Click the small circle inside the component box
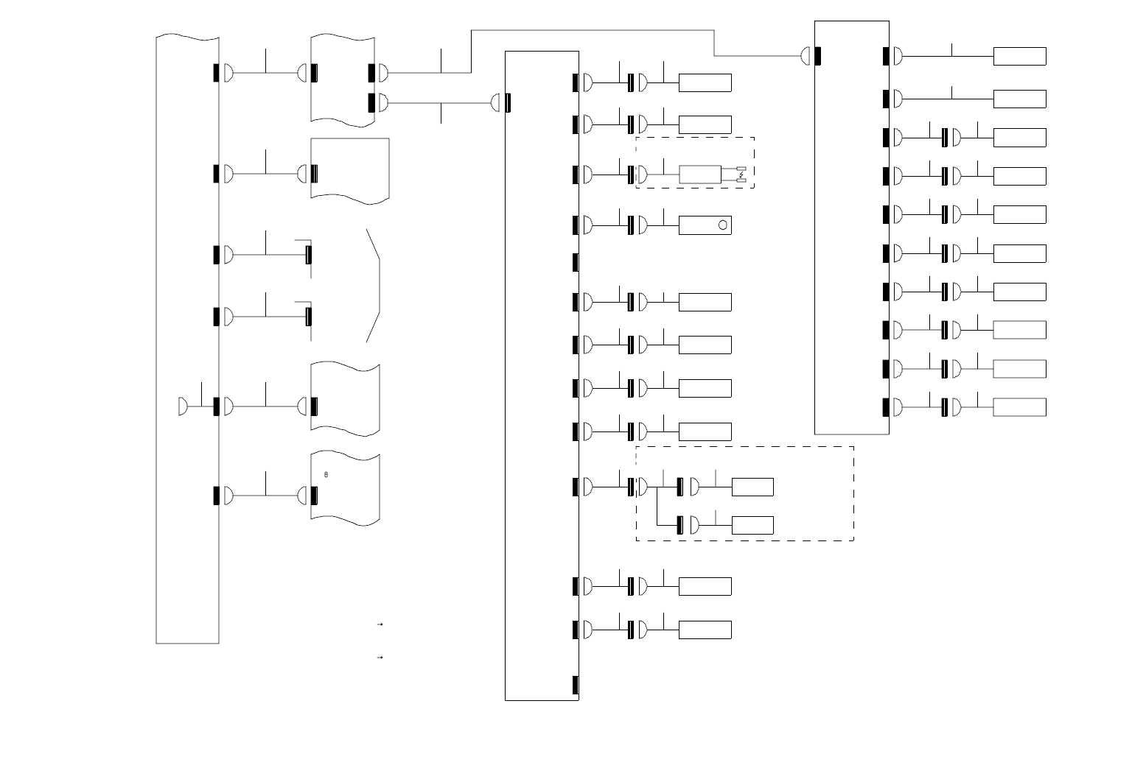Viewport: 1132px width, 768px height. pyautogui.click(x=724, y=225)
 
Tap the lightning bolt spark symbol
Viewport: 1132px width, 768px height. pyautogui.click(x=741, y=175)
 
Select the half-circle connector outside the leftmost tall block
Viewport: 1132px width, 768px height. pyautogui.click(x=183, y=406)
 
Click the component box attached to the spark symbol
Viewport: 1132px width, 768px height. pyautogui.click(x=700, y=175)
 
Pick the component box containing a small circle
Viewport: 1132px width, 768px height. pyautogui.click(x=705, y=225)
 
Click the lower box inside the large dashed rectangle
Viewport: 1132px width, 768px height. pyautogui.click(x=752, y=525)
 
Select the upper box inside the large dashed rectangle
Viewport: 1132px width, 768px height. pyautogui.click(x=752, y=487)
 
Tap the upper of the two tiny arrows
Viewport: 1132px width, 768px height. pyautogui.click(x=380, y=624)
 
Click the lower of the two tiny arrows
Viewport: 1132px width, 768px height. pyautogui.click(x=380, y=656)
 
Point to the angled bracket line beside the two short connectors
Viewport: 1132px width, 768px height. pyautogui.click(x=374, y=286)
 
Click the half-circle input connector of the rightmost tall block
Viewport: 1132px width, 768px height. pyautogui.click(x=806, y=55)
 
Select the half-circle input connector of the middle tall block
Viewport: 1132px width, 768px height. pyautogui.click(x=496, y=103)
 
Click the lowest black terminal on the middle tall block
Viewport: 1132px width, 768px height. pyautogui.click(x=576, y=685)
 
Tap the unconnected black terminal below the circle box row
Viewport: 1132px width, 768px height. pyautogui.click(x=576, y=262)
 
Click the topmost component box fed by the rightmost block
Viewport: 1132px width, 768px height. pyautogui.click(x=1019, y=56)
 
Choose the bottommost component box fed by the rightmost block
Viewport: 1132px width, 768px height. pyautogui.click(x=1019, y=407)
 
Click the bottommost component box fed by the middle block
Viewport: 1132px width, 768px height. pyautogui.click(x=705, y=630)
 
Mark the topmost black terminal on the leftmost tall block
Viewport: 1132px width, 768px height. pyautogui.click(x=216, y=73)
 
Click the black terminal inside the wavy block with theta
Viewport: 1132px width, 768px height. pyautogui.click(x=314, y=496)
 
